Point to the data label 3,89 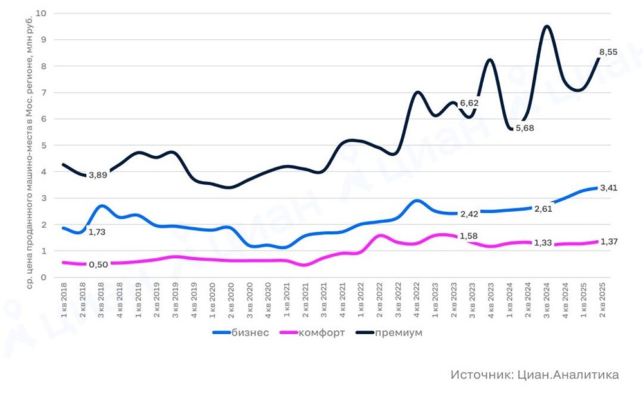point(98,175)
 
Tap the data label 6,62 point(469,102)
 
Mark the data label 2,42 point(469,214)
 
